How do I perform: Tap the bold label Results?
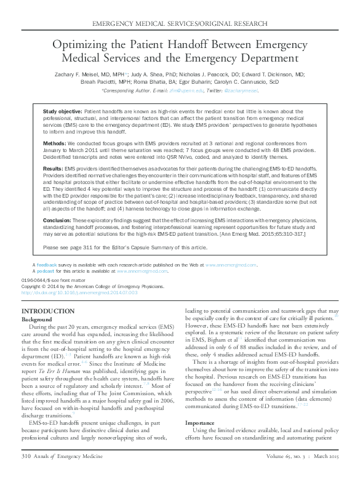(54, 168)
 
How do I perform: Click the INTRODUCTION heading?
(48, 311)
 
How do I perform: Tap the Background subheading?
(37, 319)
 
